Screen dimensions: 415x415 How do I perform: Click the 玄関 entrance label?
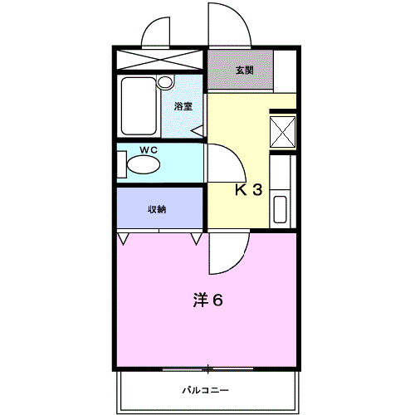tap(244, 71)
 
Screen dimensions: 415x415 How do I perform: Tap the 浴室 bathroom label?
tap(183, 106)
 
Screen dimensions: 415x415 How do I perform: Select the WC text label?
tap(149, 149)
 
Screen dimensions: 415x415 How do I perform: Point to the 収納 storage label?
tap(157, 209)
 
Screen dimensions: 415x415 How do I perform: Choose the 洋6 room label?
tap(208, 300)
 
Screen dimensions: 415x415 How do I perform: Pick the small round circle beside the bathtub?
tap(164, 82)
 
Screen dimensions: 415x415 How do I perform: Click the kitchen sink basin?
tap(280, 208)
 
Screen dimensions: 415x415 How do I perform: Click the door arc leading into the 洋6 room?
tap(226, 253)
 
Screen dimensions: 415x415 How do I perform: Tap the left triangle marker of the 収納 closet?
tap(124, 239)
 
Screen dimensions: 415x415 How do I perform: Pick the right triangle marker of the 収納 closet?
tap(197, 239)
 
